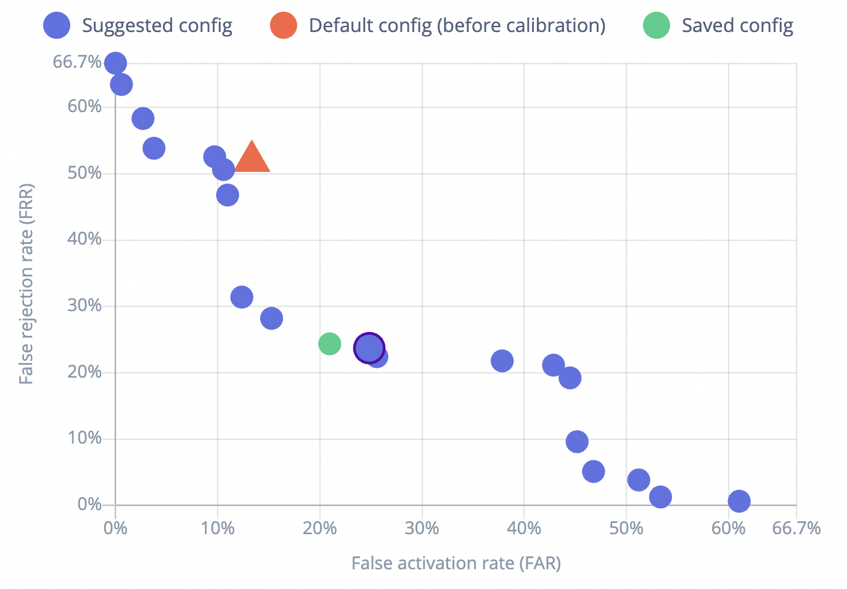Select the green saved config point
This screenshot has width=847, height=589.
(330, 343)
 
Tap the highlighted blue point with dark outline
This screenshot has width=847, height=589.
(369, 348)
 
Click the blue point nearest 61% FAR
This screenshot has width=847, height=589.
(739, 501)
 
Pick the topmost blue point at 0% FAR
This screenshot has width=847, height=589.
(115, 63)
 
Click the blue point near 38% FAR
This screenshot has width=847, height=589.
(502, 360)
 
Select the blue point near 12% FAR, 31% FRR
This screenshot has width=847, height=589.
(242, 297)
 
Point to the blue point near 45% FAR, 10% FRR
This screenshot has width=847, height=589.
(577, 441)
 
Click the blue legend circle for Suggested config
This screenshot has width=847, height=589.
(57, 25)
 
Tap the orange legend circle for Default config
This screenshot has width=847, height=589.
(284, 25)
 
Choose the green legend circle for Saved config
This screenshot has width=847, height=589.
(657, 25)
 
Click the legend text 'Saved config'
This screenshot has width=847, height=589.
(737, 25)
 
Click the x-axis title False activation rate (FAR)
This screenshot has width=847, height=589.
(456, 563)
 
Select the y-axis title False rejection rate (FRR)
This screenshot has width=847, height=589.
(26, 283)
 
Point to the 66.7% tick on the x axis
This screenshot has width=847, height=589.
(796, 528)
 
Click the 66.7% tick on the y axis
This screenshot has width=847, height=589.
(77, 62)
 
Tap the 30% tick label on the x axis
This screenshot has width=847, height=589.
(422, 528)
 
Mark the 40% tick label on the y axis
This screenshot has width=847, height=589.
(84, 239)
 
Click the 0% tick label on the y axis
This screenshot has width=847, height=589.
(90, 505)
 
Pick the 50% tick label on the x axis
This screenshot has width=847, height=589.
(626, 528)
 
